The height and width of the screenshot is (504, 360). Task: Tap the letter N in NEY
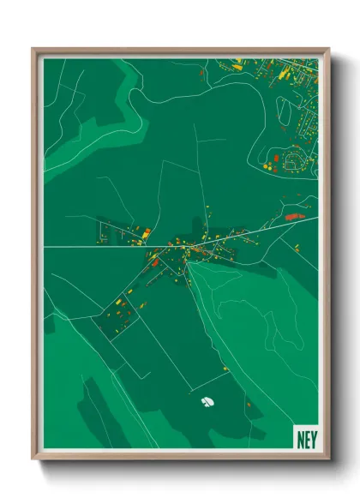298,435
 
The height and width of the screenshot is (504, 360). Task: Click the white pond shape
207,400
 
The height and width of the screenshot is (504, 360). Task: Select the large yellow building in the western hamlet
146,232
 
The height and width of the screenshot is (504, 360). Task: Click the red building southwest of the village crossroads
156,264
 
